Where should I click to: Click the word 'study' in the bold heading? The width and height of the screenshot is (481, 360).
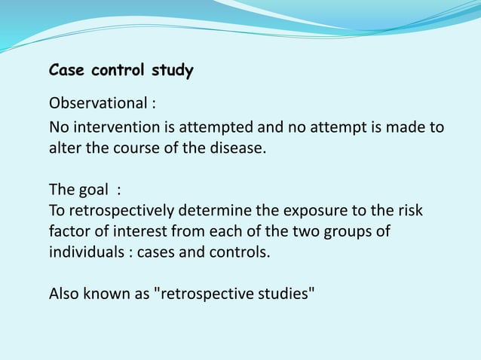point(173,72)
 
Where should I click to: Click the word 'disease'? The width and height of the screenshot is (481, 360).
point(237,147)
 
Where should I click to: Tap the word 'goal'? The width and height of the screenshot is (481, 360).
point(93,189)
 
